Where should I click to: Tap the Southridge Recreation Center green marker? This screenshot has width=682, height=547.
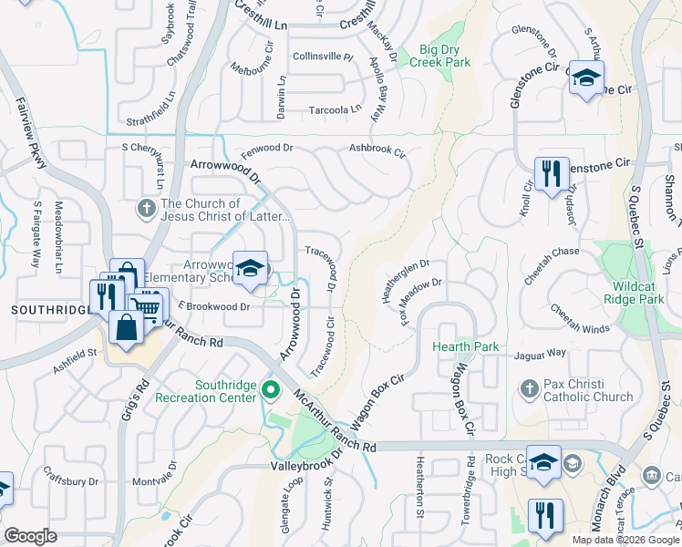click(x=270, y=391)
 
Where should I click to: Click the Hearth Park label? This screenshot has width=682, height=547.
click(x=466, y=346)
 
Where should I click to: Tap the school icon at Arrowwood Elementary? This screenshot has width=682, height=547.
click(x=253, y=268)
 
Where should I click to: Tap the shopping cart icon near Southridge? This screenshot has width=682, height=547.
click(x=146, y=305)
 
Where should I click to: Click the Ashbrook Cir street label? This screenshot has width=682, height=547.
click(x=377, y=148)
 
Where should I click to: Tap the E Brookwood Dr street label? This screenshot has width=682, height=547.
click(x=214, y=307)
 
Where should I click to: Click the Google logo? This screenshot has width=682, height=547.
click(x=30, y=536)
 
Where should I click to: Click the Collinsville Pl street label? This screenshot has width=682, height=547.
click(x=323, y=57)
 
